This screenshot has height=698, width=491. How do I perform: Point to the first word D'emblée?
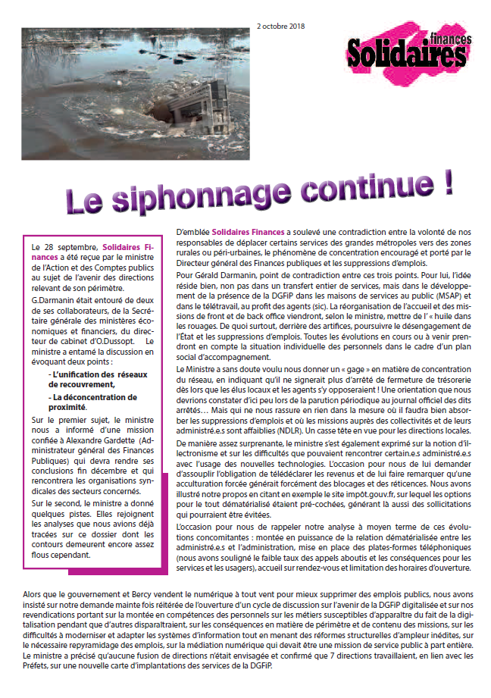[192, 230]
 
